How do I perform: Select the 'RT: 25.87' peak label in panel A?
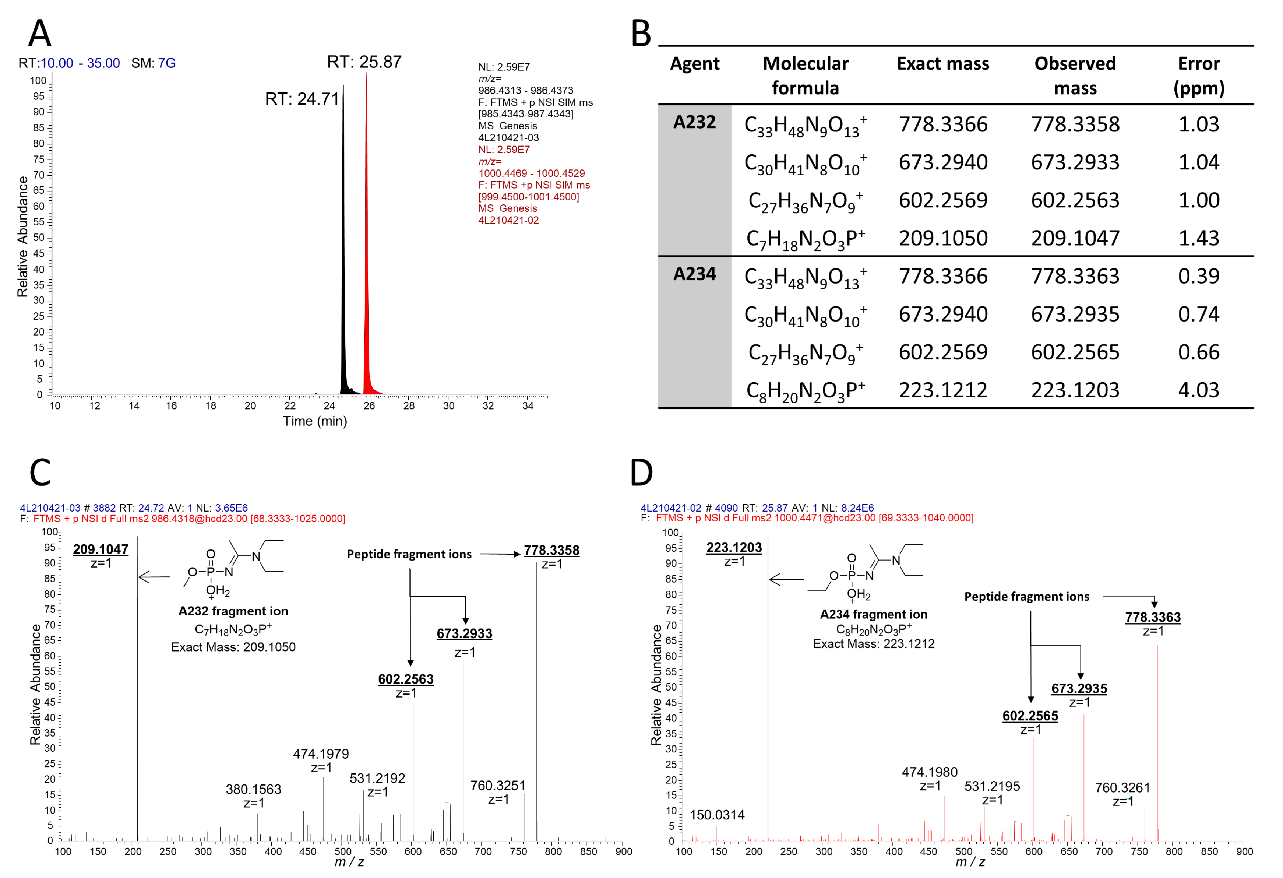(364, 62)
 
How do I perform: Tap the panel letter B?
(641, 34)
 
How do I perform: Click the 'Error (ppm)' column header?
(1199, 75)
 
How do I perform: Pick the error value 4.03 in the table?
(1199, 390)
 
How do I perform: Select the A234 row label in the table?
(694, 274)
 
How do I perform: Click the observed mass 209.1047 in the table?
(1075, 238)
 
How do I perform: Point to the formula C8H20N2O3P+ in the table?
(806, 390)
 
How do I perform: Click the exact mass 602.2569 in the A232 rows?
(943, 200)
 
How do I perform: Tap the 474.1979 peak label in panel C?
(321, 754)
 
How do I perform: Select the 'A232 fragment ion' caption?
(233, 611)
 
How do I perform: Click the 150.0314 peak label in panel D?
(716, 815)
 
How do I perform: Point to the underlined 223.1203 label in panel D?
(734, 547)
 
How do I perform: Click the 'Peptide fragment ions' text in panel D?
(1026, 596)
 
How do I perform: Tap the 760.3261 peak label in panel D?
(1122, 787)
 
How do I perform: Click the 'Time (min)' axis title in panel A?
(315, 421)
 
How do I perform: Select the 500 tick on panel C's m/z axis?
(343, 851)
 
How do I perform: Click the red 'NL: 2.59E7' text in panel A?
(504, 150)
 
